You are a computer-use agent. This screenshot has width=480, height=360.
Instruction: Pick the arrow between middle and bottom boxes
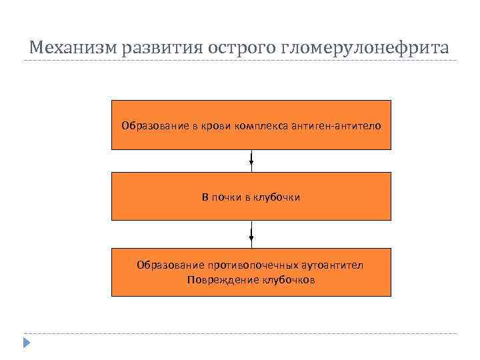251,234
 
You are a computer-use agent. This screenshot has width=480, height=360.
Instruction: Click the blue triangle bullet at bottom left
26,343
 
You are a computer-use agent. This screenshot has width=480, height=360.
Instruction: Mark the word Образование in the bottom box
165,265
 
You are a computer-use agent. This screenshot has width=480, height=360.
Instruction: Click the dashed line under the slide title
240,61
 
